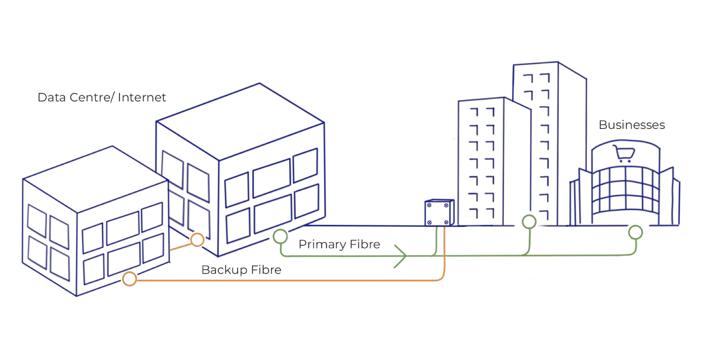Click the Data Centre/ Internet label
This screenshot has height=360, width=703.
[102, 97]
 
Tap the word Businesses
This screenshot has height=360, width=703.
[632, 125]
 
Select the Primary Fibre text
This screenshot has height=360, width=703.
[339, 244]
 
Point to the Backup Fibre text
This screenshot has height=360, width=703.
[241, 270]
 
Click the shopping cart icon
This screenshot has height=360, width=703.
[624, 154]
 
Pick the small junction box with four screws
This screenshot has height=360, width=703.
[440, 212]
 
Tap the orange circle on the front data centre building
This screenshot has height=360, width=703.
[129, 279]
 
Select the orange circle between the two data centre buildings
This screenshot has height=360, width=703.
[197, 240]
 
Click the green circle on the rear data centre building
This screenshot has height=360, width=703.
[280, 236]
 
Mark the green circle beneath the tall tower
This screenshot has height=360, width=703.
[529, 222]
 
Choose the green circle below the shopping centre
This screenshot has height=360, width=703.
[636, 232]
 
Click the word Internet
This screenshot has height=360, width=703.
[142, 97]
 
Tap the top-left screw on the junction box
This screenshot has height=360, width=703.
[429, 205]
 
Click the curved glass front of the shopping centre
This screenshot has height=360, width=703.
[626, 191]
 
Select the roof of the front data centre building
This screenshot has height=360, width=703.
[96, 179]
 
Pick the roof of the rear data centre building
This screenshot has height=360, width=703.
[240, 122]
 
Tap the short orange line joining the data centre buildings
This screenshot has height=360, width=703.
[180, 247]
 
